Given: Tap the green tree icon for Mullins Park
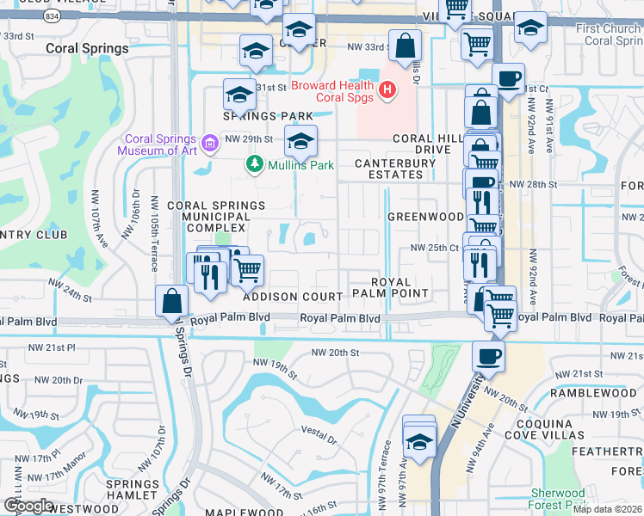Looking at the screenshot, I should click(254, 163).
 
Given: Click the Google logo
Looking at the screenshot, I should click(28, 505).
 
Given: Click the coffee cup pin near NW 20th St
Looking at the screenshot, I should click(489, 356).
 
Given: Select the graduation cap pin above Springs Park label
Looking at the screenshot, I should click(239, 94).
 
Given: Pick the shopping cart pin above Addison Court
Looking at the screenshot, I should click(248, 270).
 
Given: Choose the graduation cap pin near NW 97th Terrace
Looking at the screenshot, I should click(419, 443).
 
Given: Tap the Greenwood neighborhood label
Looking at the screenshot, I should click(425, 217).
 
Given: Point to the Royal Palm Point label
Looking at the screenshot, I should click(399, 287).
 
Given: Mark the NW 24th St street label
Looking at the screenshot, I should click(70, 289).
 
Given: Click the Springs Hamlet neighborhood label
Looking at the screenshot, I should click(133, 489).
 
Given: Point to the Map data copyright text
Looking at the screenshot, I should click(607, 508).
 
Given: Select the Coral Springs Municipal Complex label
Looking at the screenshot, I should click(207, 217).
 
